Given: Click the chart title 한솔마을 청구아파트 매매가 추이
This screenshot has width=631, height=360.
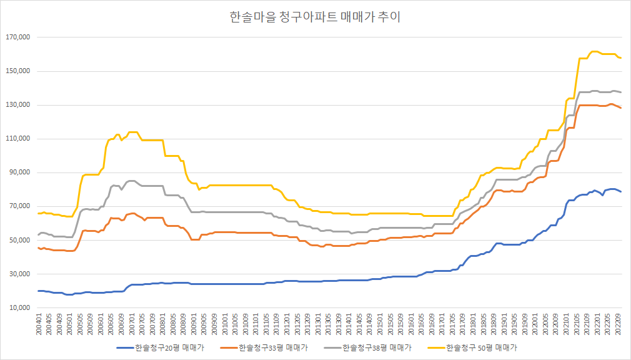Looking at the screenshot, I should [315, 17].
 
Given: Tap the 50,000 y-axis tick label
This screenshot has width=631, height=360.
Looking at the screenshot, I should [19, 241].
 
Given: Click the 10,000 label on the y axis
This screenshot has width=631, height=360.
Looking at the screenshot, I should [19, 308].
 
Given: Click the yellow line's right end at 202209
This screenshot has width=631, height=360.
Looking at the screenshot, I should [621, 58].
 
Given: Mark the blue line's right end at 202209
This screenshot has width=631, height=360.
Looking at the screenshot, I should [621, 192].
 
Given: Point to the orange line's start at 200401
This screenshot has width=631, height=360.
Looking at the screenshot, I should [38, 247].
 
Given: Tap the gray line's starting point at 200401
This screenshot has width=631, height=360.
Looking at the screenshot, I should [38, 235].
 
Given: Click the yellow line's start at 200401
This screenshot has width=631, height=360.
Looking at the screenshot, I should [38, 213].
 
